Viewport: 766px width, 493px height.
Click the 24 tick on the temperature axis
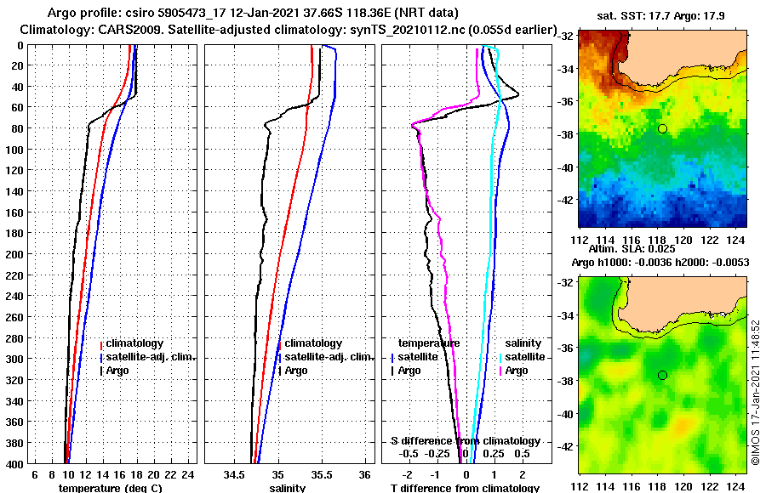pos(188,474)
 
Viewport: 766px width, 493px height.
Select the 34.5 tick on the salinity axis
pos(234,474)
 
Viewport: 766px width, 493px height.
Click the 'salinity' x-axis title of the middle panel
pos(287,488)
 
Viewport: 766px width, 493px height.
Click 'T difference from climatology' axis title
pos(465,488)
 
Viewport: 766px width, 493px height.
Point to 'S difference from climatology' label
pos(465,441)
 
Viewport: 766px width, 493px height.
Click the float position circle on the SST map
pos(662,128)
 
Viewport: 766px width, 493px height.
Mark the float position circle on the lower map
pos(662,375)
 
